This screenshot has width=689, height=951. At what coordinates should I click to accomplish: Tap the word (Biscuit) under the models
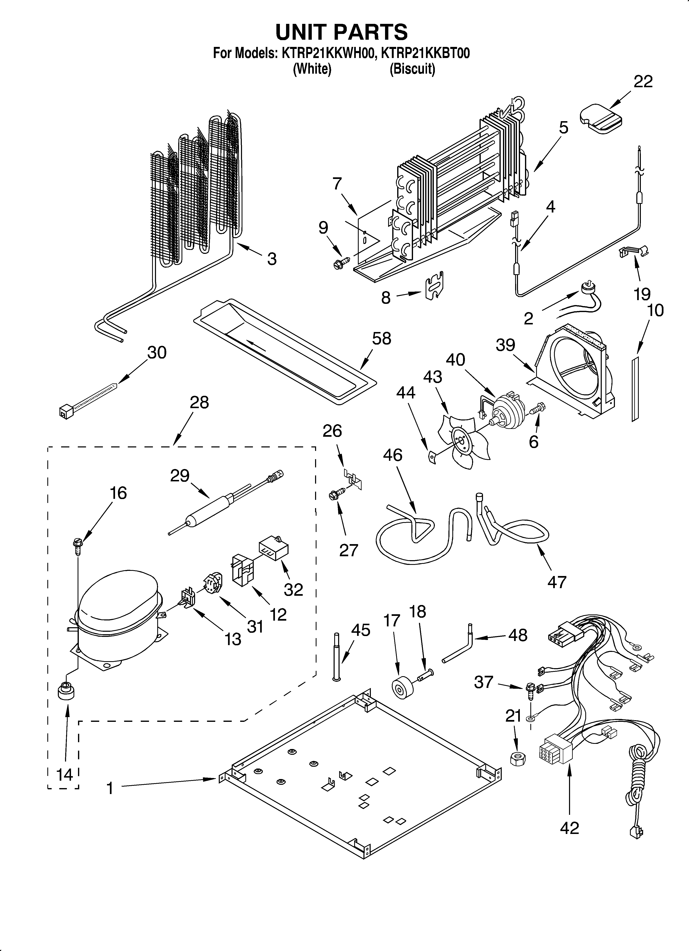(x=412, y=69)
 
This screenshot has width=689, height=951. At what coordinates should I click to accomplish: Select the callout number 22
(x=643, y=81)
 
